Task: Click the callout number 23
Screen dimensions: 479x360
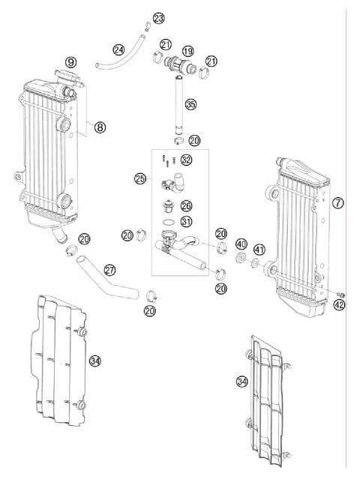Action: [158, 17]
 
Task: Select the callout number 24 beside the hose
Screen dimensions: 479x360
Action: [118, 50]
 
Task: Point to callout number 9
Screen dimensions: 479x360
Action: [70, 61]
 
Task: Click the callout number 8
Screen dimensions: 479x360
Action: [100, 127]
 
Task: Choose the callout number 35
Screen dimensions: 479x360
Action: [191, 104]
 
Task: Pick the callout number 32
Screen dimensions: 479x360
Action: [186, 159]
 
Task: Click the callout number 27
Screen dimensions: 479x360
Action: [110, 269]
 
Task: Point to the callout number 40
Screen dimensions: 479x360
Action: [241, 244]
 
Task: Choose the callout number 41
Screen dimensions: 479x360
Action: [259, 250]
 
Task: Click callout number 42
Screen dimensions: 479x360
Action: [339, 305]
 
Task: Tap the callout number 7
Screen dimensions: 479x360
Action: [338, 203]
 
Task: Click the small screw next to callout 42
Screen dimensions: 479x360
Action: [340, 292]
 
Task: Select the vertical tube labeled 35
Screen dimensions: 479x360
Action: [181, 105]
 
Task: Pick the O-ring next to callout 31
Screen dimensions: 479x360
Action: [169, 223]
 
